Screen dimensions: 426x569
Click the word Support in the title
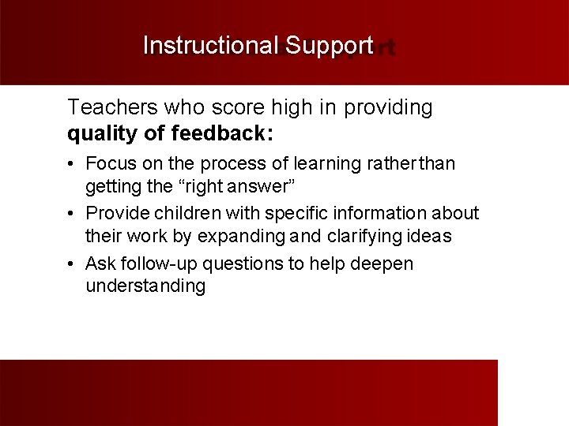pos(329,46)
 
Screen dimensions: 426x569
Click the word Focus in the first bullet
pos(109,163)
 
